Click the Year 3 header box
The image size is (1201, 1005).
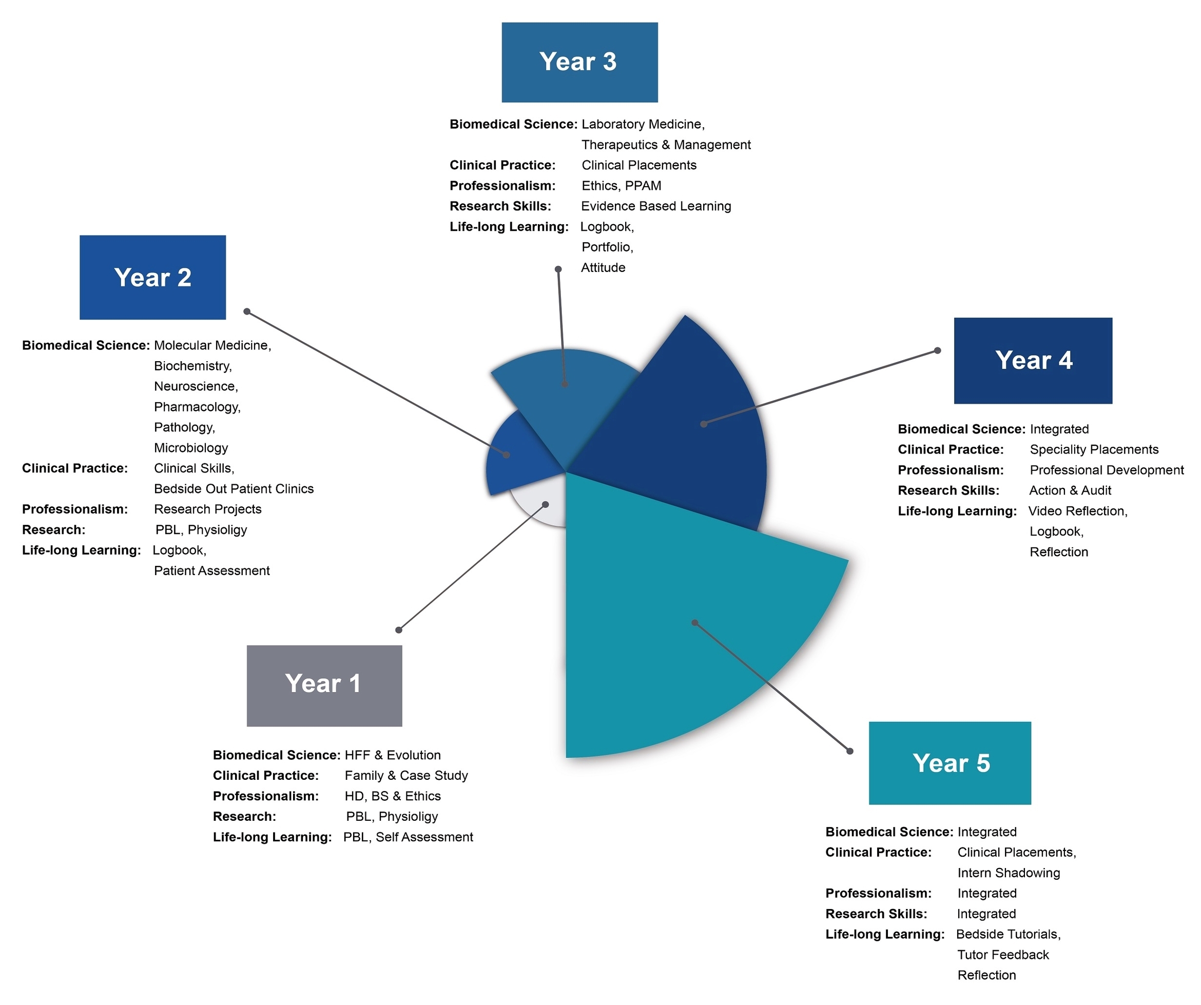coord(579,62)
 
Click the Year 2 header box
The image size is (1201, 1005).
coord(153,277)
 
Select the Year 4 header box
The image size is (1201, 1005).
coord(1033,361)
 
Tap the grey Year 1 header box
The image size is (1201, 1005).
coord(324,685)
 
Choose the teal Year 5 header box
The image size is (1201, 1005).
coord(950,763)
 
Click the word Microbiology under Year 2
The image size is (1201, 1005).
coord(191,448)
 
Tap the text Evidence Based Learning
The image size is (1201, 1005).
coord(656,206)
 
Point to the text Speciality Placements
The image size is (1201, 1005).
coord(1094,449)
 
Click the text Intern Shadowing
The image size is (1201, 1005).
coord(1008,872)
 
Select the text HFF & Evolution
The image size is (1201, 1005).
coord(392,755)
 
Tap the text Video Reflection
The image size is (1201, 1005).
coord(1077,511)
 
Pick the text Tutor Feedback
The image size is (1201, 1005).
coord(1003,955)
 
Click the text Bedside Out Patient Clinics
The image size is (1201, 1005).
coord(234,489)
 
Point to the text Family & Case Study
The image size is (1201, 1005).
coord(406,775)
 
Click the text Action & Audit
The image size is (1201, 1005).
coord(1070,490)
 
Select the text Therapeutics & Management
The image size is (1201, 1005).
coord(666,145)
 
